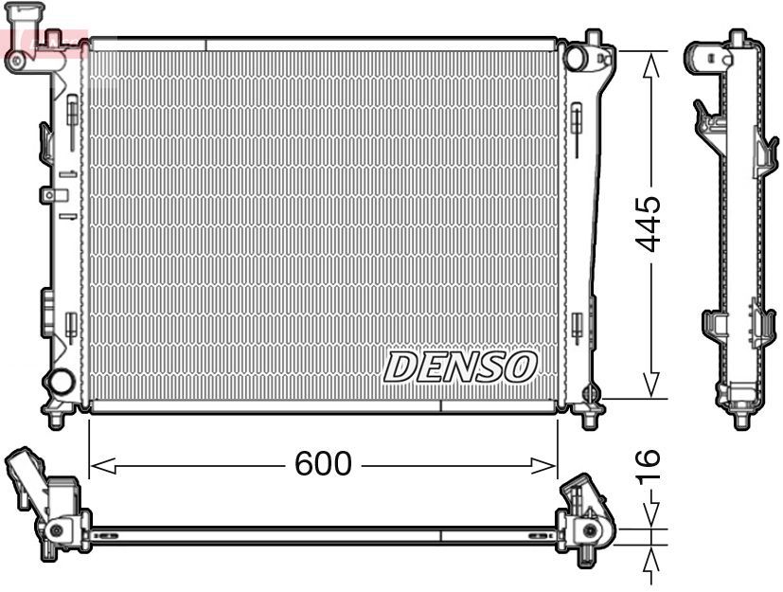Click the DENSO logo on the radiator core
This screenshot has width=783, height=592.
[x=460, y=367]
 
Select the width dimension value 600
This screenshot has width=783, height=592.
[x=323, y=464]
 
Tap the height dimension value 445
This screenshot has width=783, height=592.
[x=649, y=224]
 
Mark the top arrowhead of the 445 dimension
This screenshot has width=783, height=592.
[x=650, y=64]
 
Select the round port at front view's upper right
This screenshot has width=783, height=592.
[x=575, y=58]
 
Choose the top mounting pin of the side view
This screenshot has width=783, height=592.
[x=737, y=38]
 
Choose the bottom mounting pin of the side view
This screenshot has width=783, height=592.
[x=740, y=417]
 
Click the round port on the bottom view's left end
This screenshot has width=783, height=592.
[x=57, y=530]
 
